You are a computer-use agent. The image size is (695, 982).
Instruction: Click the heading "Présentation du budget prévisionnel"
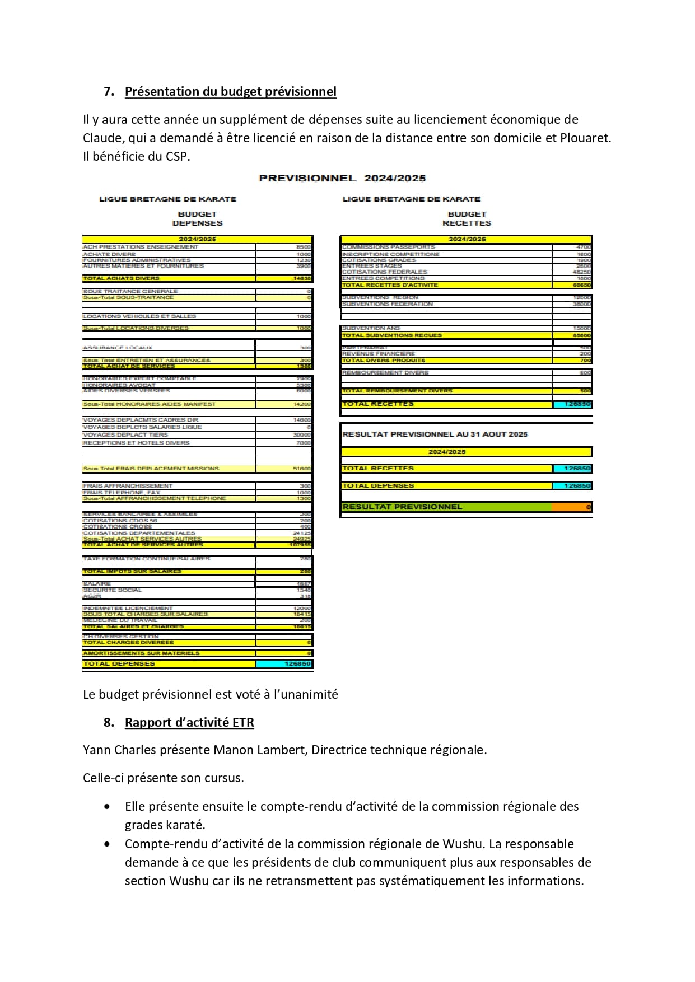[x=230, y=92]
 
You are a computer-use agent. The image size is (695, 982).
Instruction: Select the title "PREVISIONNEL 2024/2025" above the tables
[x=342, y=178]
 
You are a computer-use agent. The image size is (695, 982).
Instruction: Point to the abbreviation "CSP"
[x=176, y=156]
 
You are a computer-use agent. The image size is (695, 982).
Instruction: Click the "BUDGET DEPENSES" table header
[x=197, y=218]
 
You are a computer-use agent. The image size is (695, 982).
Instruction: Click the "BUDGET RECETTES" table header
[x=467, y=218]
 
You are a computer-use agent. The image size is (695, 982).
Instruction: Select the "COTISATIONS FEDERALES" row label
[x=384, y=272]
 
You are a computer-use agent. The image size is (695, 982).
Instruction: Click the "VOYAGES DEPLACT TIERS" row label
[x=125, y=435]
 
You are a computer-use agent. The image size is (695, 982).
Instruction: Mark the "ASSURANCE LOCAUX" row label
[x=118, y=348]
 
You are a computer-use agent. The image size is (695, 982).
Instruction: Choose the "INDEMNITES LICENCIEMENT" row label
[x=128, y=608]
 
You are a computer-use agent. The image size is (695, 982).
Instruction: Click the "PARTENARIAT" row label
[x=365, y=348]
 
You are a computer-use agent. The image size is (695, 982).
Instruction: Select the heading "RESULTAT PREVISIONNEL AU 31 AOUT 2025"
[x=435, y=434]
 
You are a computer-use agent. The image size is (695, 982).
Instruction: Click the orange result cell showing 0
[x=572, y=507]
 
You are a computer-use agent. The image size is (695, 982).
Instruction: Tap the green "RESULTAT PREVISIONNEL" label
[x=402, y=507]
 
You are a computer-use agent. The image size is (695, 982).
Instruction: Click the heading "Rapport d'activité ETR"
[x=189, y=723]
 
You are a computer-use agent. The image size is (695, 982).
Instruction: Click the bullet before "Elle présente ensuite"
[x=107, y=807]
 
